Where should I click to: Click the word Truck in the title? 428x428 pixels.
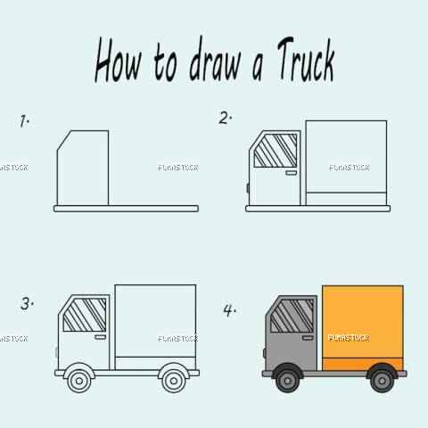[x=306, y=60]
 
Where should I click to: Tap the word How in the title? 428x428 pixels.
[x=118, y=60]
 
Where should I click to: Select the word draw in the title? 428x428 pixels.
[x=215, y=60]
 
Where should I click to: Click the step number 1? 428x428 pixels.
[x=24, y=121]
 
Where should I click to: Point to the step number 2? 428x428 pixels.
[x=225, y=118]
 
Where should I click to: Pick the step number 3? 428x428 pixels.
[x=27, y=304]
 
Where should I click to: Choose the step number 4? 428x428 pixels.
[x=229, y=310]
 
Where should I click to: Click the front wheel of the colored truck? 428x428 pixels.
[x=287, y=381]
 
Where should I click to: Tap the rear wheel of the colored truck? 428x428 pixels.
[x=382, y=381]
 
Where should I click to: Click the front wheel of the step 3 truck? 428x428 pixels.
[x=79, y=381]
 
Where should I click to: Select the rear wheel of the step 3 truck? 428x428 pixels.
[x=174, y=381]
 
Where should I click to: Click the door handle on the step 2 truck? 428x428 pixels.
[x=291, y=173]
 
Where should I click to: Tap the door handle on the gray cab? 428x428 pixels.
[x=308, y=338]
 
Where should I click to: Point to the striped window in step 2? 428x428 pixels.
[x=276, y=151]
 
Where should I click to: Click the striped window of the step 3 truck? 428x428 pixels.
[x=85, y=315]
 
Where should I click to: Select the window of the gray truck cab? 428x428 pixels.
[x=292, y=316]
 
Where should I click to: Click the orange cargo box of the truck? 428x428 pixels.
[x=363, y=328]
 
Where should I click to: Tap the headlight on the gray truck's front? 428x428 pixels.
[x=265, y=353]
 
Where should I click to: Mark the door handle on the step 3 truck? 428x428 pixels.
[x=100, y=337]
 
